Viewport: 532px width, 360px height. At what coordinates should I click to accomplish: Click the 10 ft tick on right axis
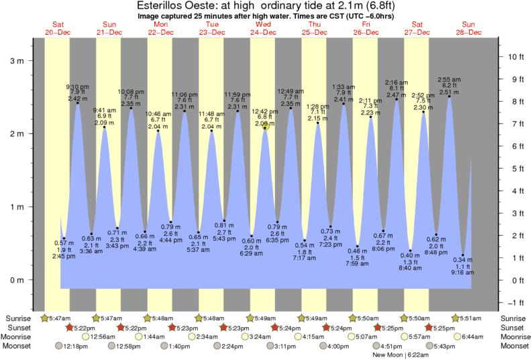click(x=516, y=57)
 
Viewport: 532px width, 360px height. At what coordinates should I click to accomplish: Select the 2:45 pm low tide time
click(x=64, y=256)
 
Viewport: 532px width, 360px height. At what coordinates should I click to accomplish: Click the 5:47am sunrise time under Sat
click(x=58, y=318)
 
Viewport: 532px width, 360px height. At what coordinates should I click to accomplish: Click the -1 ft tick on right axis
click(x=517, y=302)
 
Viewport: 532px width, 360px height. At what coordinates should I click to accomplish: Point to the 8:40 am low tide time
click(x=411, y=267)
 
